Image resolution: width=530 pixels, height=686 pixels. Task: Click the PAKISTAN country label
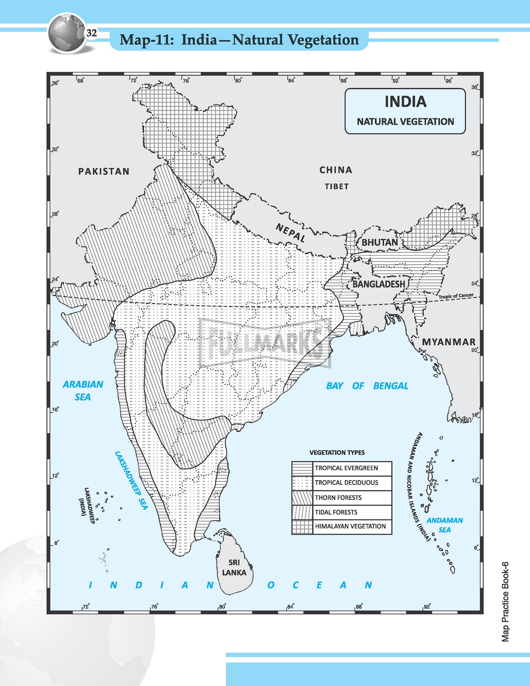104,171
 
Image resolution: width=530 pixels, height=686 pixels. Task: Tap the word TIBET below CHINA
336,187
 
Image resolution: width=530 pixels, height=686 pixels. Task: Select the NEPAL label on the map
291,233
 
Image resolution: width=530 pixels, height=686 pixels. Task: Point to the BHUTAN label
379,242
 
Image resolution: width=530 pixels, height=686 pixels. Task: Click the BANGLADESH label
378,284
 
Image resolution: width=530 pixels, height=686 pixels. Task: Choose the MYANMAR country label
448,342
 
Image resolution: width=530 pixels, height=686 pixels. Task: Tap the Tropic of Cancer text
456,296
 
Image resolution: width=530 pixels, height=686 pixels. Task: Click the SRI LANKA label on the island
234,567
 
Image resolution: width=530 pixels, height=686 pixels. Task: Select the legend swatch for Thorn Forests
302,497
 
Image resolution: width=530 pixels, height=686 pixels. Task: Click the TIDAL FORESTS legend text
336,512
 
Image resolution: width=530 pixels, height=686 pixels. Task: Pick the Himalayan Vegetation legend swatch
302,527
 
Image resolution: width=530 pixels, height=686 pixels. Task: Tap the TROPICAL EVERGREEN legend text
346,468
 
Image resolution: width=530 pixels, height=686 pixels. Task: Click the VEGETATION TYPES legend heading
337,453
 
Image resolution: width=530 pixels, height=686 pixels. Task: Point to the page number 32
92,33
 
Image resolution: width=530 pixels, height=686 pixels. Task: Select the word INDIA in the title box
405,102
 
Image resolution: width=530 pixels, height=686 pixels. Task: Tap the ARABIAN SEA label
83,390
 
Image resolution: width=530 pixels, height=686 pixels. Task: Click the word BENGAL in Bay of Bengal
391,386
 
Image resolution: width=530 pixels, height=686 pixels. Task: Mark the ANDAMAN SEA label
444,525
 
